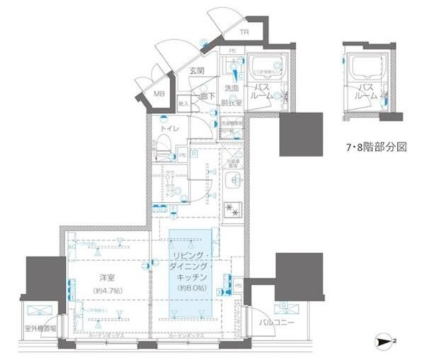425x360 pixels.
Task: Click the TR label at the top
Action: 244,32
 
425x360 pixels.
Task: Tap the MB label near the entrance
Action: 159,94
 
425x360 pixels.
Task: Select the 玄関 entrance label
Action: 195,70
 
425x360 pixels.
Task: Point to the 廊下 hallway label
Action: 208,96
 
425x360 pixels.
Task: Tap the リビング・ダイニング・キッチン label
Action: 192,266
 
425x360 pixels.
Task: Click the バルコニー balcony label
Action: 276,323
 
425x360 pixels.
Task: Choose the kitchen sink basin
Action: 234,179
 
